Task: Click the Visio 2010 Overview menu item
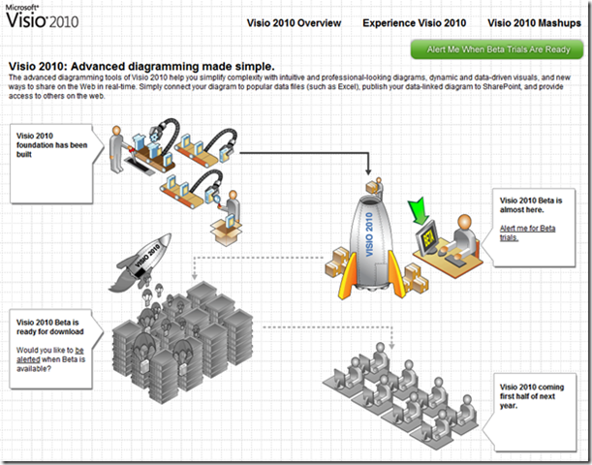click(x=294, y=23)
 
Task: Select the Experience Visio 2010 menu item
click(x=414, y=23)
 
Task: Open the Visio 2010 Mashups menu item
click(x=534, y=23)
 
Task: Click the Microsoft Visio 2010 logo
click(x=43, y=16)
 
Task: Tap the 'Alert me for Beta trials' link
click(x=527, y=232)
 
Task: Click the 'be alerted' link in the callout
click(x=50, y=355)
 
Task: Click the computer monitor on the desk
click(x=427, y=237)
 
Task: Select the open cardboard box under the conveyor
click(x=226, y=232)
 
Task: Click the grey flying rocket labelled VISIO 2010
click(x=140, y=263)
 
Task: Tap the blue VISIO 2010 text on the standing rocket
click(x=369, y=234)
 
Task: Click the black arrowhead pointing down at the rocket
click(x=368, y=170)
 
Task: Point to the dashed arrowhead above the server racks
click(x=194, y=276)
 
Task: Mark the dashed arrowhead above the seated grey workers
click(x=391, y=345)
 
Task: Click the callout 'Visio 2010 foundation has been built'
click(x=56, y=164)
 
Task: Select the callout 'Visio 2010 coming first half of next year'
click(x=530, y=412)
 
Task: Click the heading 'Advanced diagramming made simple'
click(x=172, y=67)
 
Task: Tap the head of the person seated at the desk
click(x=464, y=222)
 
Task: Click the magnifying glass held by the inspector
click(x=217, y=200)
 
